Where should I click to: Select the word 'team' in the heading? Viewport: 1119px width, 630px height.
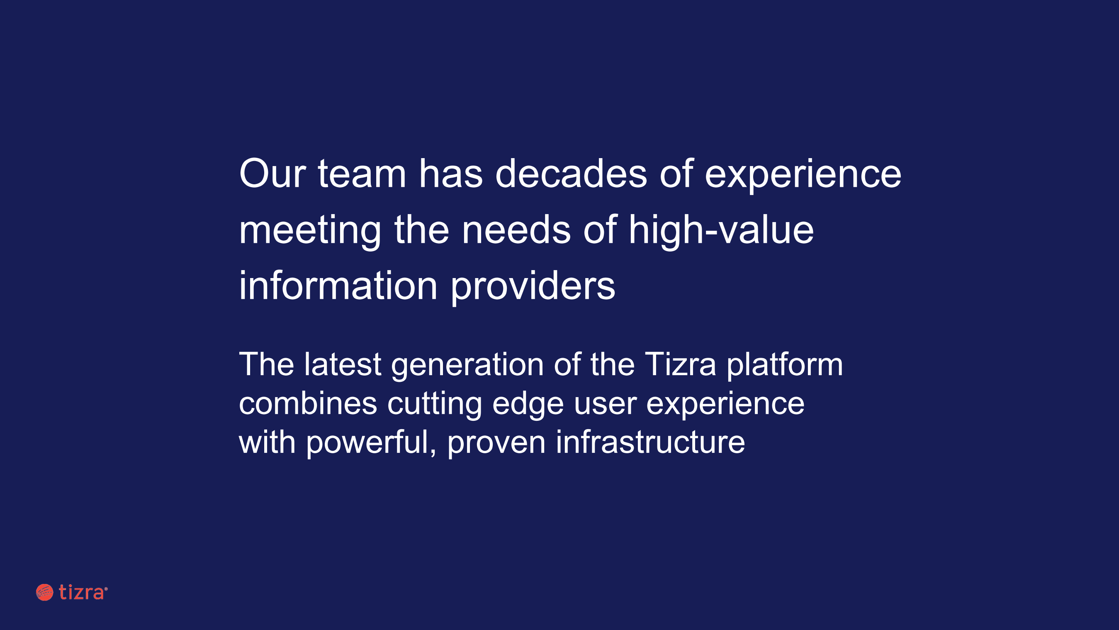362,174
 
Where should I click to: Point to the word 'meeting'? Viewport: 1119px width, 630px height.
310,231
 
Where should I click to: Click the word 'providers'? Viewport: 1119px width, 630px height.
533,287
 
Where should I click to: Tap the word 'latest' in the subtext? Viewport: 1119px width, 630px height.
343,364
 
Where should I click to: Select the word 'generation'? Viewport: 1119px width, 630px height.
467,366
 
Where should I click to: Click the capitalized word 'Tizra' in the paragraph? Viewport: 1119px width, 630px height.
680,364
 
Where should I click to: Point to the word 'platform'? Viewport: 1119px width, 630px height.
785,366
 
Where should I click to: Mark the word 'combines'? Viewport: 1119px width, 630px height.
308,403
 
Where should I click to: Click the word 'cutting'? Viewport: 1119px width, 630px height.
434,405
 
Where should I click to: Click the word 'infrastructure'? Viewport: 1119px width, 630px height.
650,442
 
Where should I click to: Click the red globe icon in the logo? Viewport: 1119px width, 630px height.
44,592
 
